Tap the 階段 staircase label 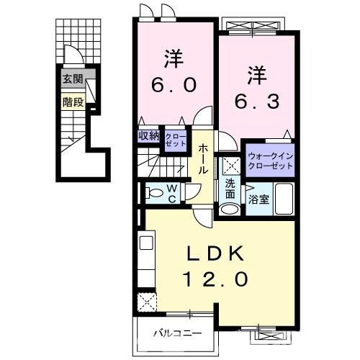71,102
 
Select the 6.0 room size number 174,84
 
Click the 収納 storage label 149,135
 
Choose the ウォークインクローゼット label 271,160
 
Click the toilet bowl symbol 153,192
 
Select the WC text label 174,192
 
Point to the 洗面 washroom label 230,188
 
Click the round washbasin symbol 229,210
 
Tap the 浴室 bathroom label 258,199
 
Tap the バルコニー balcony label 176,333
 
